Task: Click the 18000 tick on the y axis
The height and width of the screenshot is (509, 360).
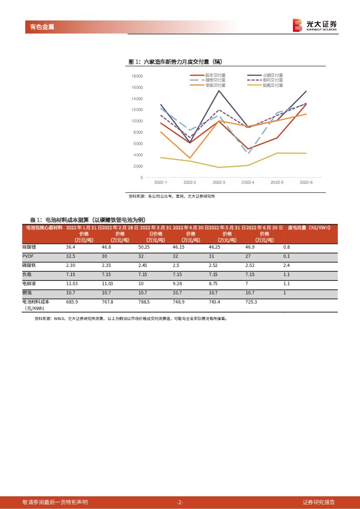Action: pyautogui.click(x=137, y=76)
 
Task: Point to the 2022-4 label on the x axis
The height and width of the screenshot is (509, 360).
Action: pyautogui.click(x=248, y=182)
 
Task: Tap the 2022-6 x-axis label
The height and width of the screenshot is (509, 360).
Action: pyautogui.click(x=306, y=182)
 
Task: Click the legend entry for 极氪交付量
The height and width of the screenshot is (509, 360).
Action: pyautogui.click(x=273, y=85)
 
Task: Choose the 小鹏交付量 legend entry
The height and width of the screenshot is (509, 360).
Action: pyautogui.click(x=273, y=75)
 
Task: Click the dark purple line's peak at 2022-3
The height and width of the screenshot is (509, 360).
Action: pyautogui.click(x=219, y=90)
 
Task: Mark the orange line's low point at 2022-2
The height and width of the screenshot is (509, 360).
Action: pyautogui.click(x=190, y=158)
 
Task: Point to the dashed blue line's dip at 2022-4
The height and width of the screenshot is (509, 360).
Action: pyautogui.click(x=248, y=153)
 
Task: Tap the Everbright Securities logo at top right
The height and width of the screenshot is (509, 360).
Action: pyautogui.click(x=315, y=25)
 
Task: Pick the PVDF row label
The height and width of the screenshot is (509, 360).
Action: pyautogui.click(x=27, y=256)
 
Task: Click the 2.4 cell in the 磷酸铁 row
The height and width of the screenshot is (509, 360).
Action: pyautogui.click(x=286, y=265)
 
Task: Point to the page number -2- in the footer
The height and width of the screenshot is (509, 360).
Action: pyautogui.click(x=180, y=502)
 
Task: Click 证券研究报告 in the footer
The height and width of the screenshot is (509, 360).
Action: pyautogui.click(x=319, y=502)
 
